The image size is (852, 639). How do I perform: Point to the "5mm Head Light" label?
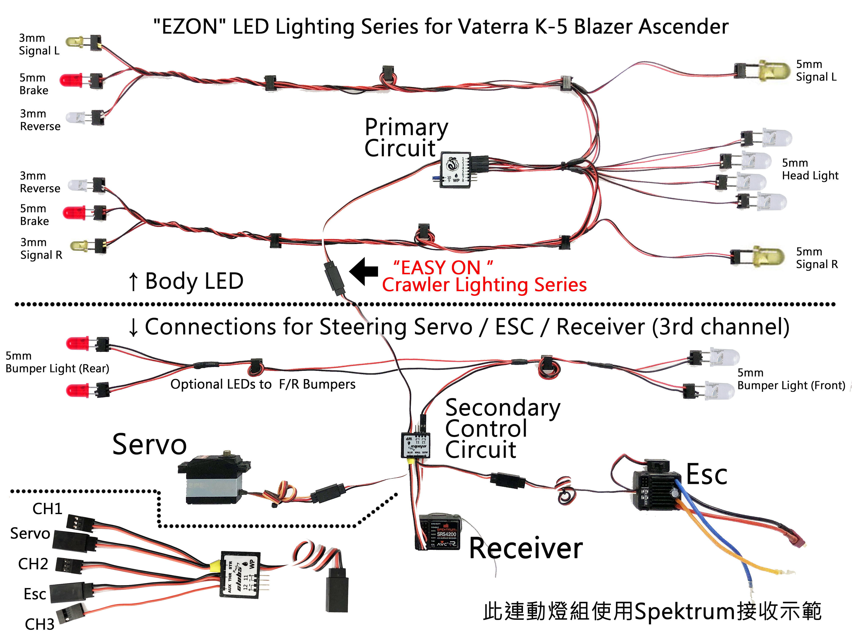(x=810, y=169)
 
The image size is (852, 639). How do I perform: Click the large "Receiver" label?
(x=526, y=549)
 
